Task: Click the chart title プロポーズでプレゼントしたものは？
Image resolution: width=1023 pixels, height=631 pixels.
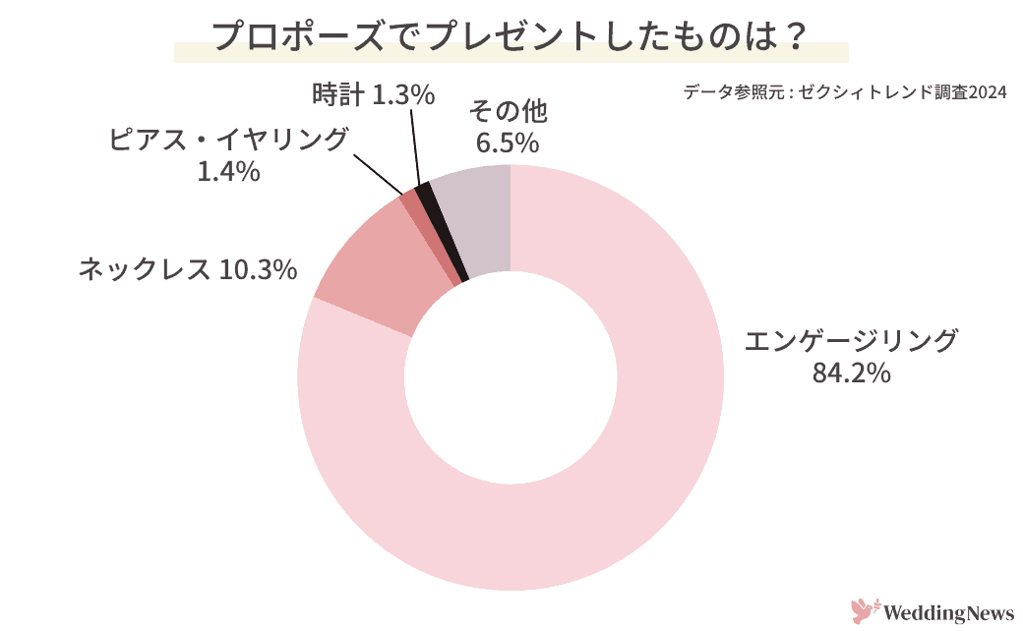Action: click(x=510, y=37)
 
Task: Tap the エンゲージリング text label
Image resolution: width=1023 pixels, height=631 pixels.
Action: click(x=851, y=340)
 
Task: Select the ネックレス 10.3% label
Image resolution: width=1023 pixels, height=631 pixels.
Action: click(x=187, y=268)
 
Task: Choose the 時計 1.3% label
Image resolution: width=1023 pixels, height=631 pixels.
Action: click(x=373, y=94)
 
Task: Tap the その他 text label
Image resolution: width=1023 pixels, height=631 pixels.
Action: click(x=508, y=110)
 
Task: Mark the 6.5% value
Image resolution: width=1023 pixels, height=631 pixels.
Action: click(x=508, y=143)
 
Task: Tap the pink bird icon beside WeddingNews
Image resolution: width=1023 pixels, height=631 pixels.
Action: click(x=863, y=611)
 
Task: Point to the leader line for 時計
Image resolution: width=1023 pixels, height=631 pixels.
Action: click(x=415, y=147)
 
